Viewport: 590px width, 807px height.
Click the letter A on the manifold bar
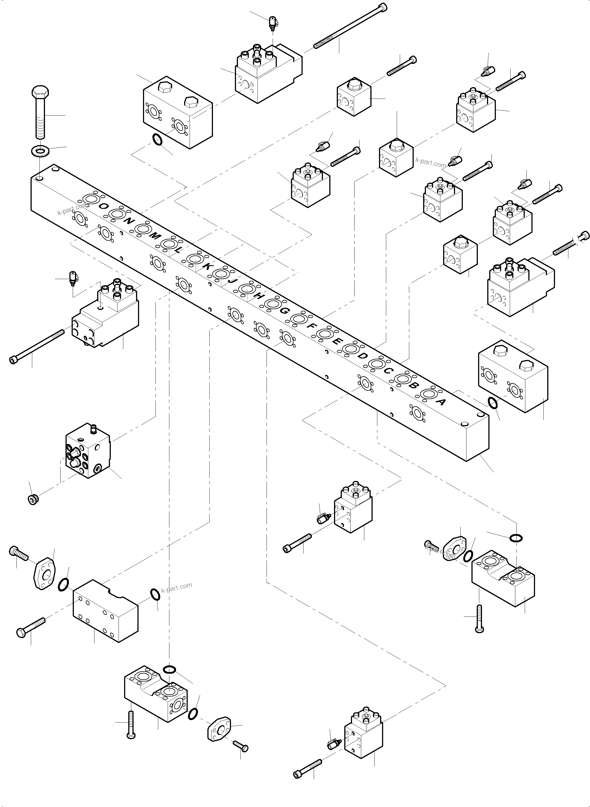pos(441,402)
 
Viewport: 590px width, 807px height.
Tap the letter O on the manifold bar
pos(104,206)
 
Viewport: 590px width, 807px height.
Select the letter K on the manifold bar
pos(207,266)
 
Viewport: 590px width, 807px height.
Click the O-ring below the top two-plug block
pos(157,140)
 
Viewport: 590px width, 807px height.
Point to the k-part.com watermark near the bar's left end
pos(72,209)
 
